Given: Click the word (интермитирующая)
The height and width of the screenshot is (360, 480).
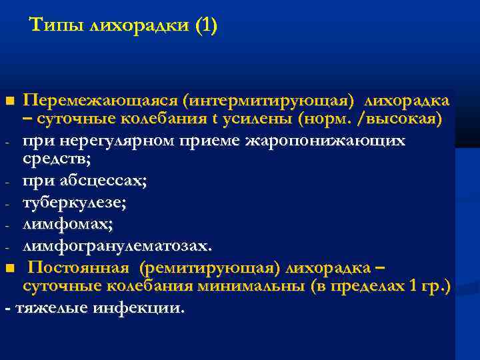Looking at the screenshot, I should (x=273, y=101).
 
